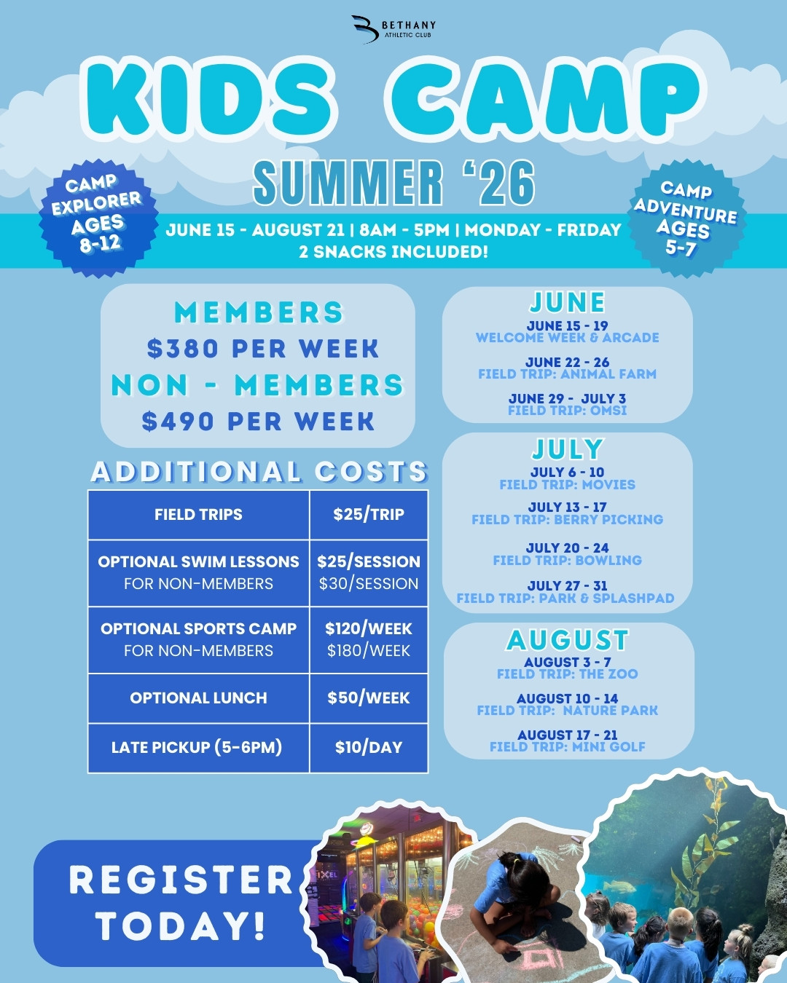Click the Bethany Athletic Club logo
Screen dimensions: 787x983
393,29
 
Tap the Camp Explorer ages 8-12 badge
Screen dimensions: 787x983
98,218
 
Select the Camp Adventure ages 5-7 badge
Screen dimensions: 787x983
686,218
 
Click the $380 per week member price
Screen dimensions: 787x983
263,349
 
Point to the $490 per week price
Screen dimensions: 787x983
258,421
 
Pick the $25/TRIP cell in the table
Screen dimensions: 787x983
369,514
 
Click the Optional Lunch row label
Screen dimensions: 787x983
198,698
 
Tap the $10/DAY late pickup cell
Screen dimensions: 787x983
369,747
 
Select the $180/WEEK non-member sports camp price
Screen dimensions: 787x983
369,650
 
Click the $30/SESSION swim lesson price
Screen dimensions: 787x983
369,583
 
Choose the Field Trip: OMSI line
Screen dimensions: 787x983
568,410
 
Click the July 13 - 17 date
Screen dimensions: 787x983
568,507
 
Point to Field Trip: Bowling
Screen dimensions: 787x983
568,560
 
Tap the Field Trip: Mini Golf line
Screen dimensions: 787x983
568,747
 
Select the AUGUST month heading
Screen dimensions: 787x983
568,640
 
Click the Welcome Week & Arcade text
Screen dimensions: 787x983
568,338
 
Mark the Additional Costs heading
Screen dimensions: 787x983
259,471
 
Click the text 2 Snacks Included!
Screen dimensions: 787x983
393,252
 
